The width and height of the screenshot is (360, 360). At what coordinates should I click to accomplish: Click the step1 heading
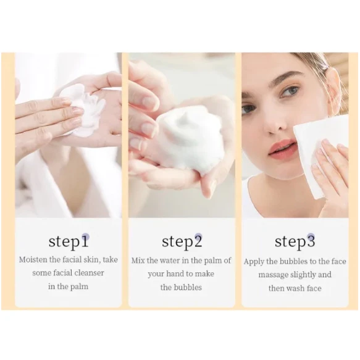[x=69, y=242]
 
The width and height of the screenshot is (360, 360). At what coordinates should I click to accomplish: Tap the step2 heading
[x=182, y=242]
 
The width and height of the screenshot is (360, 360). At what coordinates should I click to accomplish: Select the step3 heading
[x=295, y=242]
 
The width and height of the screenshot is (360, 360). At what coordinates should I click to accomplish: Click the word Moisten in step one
[x=33, y=260]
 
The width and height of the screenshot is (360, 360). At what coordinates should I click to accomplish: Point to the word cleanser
[x=89, y=273]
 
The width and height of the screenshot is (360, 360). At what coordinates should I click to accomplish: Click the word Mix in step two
[x=138, y=261]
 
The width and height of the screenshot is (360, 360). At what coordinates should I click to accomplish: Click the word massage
[x=273, y=275]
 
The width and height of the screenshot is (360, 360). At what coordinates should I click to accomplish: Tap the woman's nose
[x=274, y=123]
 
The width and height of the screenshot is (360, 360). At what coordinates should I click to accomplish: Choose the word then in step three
[x=277, y=288]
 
